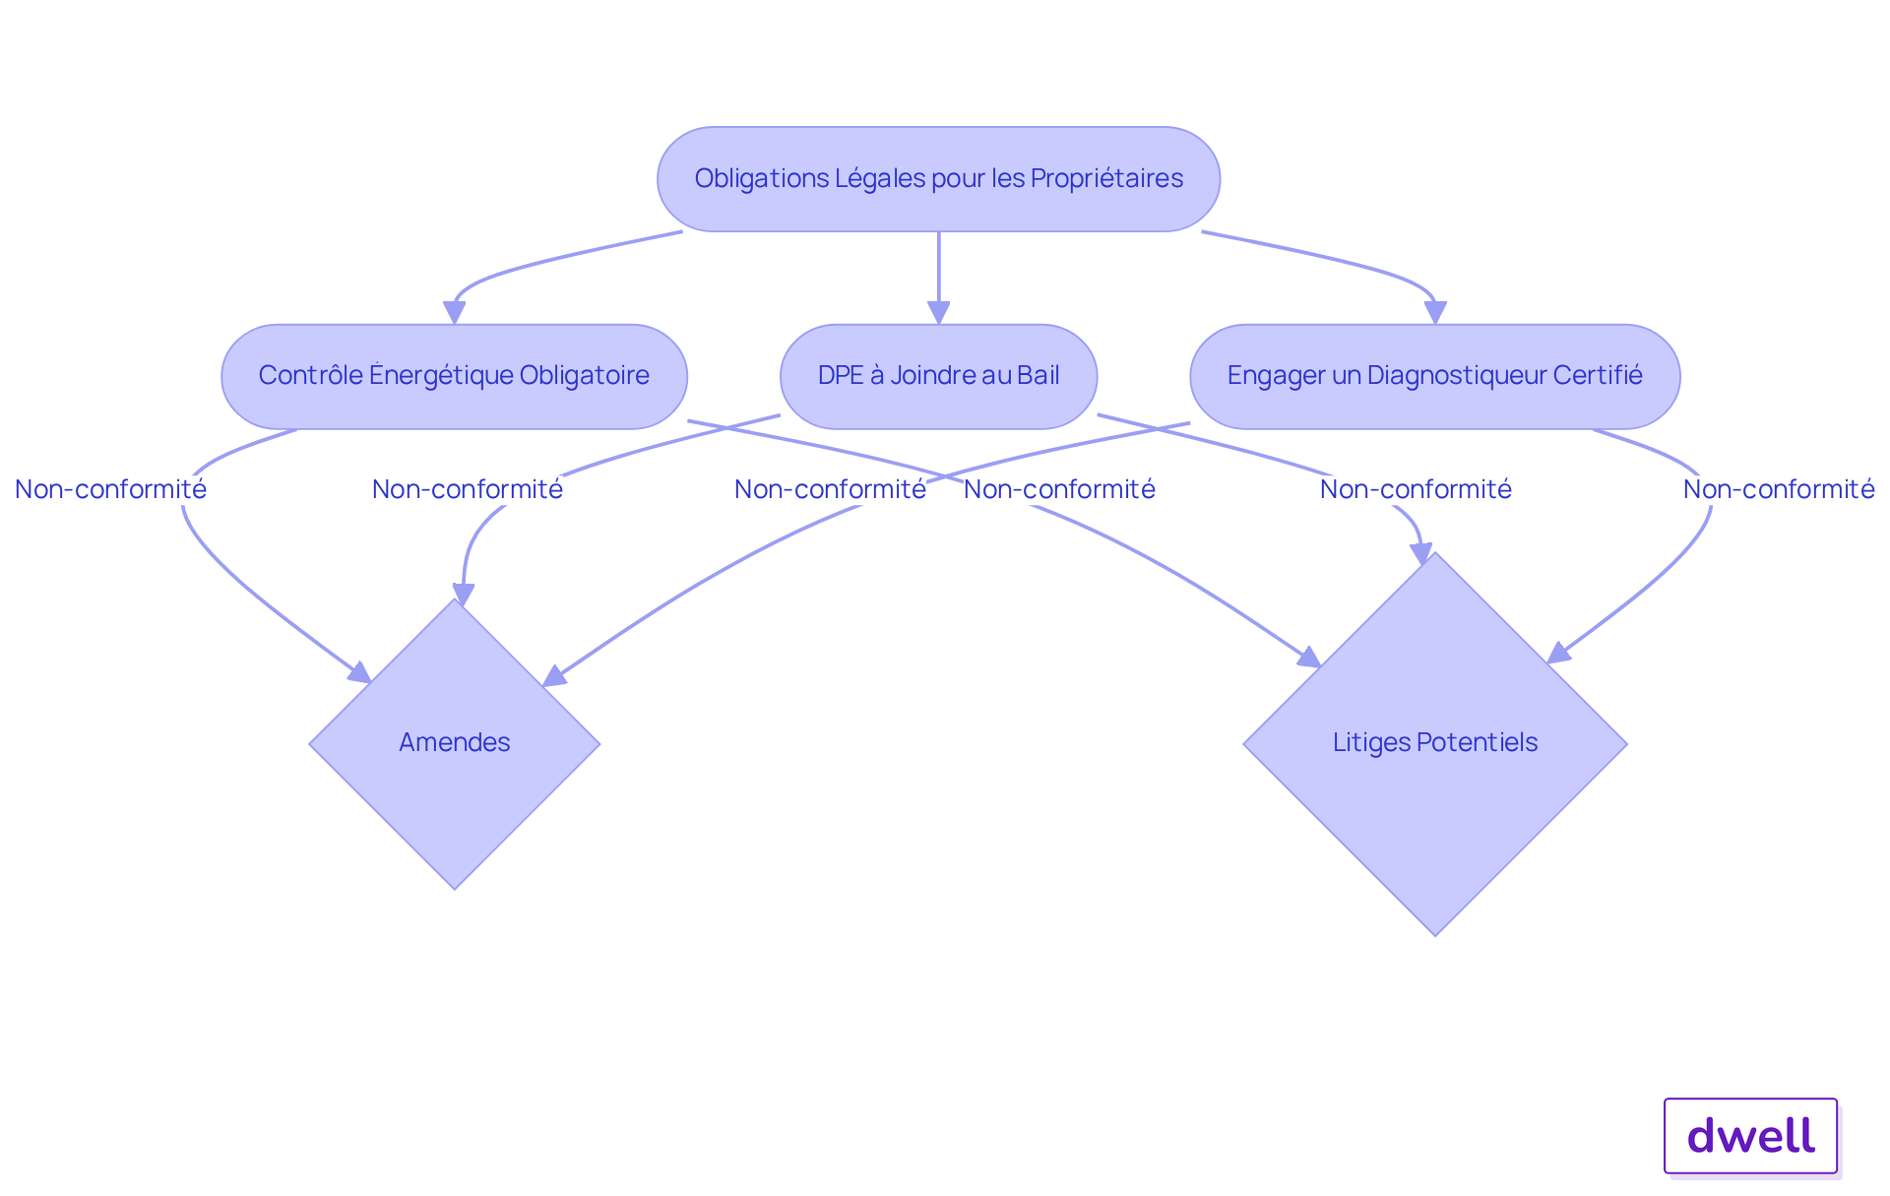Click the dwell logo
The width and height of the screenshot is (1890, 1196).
click(1750, 1136)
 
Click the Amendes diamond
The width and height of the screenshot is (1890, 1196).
click(455, 743)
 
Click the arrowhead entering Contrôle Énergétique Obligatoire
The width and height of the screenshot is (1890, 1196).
click(454, 312)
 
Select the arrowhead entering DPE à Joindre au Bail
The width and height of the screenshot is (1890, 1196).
click(939, 312)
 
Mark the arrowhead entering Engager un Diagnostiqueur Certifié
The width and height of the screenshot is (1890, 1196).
click(1435, 312)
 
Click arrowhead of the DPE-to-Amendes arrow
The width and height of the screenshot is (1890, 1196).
click(463, 594)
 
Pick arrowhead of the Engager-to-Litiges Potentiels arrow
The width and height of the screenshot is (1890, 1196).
click(1558, 653)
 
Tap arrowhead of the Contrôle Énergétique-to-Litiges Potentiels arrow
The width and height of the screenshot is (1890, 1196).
click(1309, 657)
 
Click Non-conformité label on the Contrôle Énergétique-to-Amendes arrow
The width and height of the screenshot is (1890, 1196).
click(110, 489)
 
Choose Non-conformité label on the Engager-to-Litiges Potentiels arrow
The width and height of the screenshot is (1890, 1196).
click(1779, 489)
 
